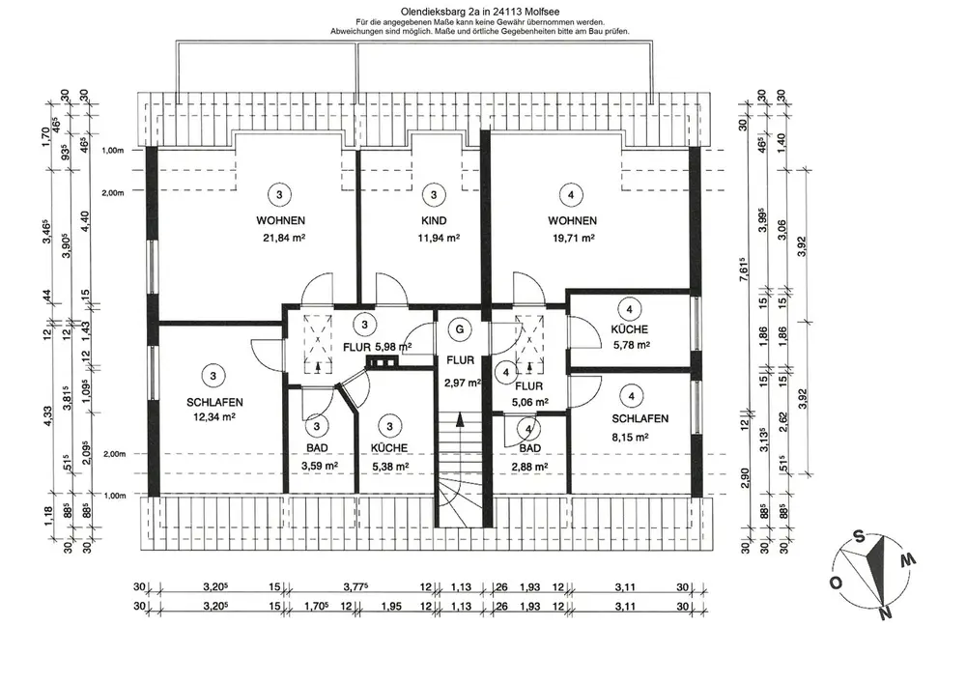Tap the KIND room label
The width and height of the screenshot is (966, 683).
coord(434,220)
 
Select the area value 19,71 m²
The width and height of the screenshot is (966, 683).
coord(573,239)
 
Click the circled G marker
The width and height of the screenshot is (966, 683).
coord(459,329)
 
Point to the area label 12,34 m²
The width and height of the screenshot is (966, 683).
coord(214,417)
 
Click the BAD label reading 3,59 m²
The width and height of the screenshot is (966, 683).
coord(319,467)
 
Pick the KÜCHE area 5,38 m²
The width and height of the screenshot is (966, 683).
coord(390,467)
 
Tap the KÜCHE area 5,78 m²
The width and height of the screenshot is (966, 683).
coord(632,346)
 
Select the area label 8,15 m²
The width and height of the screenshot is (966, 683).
coord(630,438)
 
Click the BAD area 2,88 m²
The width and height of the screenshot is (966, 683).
coord(529,467)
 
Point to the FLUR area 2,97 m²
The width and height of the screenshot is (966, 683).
coord(462,383)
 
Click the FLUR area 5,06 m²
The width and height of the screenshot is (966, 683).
coord(529,402)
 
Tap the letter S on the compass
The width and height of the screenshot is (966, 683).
coord(859,537)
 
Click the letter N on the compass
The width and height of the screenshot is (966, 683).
coord(885,612)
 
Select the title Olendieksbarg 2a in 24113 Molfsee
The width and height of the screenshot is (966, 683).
coord(480,11)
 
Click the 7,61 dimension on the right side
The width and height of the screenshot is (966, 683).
coord(744,270)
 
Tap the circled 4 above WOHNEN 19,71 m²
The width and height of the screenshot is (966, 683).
coord(571,194)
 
